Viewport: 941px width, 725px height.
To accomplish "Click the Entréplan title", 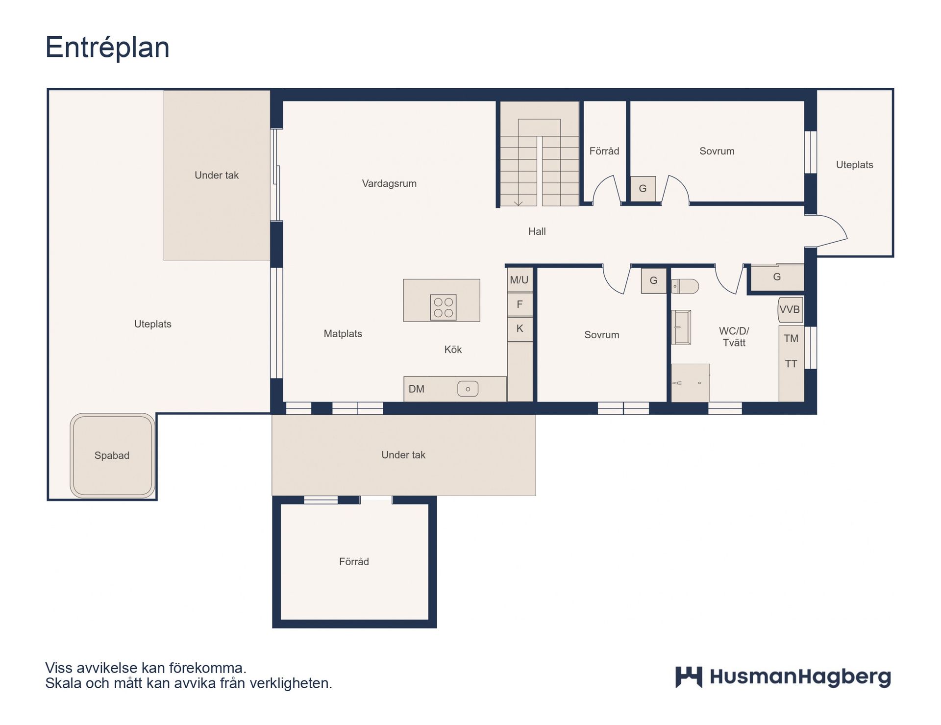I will tap(107, 48).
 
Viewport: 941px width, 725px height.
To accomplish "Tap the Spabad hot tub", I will tap(112, 455).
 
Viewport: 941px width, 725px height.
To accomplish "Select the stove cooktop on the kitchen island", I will tap(443, 307).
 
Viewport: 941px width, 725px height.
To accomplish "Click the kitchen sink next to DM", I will tap(468, 389).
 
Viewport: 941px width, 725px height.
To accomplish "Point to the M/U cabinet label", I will tap(519, 280).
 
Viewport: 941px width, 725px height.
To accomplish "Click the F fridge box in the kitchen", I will tap(520, 304).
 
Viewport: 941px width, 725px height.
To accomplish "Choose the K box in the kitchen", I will tap(520, 328).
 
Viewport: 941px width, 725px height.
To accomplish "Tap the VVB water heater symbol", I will tap(790, 309).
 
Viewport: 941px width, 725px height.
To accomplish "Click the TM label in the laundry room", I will tap(791, 338).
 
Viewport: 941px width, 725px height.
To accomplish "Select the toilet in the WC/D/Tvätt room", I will tap(685, 286).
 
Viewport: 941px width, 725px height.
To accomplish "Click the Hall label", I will tap(537, 231).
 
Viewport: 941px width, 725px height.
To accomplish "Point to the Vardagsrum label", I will tap(389, 183).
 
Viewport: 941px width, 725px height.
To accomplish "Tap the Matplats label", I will tap(343, 334).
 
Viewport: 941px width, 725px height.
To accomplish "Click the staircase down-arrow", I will tap(518, 202).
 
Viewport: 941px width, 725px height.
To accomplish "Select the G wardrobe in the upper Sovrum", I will tap(643, 189).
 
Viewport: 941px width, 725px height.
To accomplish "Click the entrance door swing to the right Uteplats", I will tap(828, 230).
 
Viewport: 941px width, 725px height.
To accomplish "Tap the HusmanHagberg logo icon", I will tap(689, 677).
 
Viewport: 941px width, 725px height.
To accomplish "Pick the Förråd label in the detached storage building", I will tap(353, 562).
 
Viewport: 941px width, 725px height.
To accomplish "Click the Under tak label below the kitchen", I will tap(403, 455).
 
